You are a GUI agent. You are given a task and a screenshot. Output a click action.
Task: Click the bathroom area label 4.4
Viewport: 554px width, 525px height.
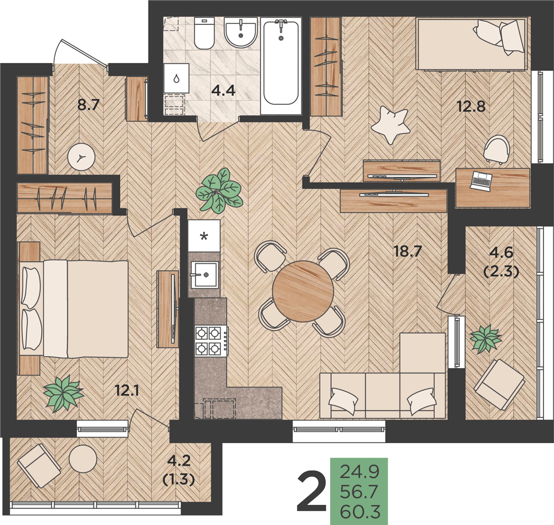pos(223,91)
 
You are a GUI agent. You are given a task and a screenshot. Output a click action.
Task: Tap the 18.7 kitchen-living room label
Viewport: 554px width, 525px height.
pos(408,251)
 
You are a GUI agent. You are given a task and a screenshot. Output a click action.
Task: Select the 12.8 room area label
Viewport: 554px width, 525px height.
pos(471,106)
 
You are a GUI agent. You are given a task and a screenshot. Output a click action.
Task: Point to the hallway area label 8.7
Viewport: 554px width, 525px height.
pos(89,105)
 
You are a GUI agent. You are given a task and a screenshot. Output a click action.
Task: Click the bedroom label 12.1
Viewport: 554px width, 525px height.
pos(127,390)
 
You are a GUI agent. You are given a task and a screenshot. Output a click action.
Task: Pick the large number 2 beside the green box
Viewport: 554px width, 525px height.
pos(311,492)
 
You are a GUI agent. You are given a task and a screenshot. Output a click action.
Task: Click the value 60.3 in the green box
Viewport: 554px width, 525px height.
pos(360,511)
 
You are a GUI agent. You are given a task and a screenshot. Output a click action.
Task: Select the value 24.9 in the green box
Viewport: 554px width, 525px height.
pos(360,471)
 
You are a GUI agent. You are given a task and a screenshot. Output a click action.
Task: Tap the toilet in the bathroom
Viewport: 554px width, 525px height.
pos(204,33)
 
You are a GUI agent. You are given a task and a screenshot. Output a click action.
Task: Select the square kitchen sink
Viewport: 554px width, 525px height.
pos(204,274)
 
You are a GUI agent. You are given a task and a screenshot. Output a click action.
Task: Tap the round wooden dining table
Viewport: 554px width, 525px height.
pos(303,291)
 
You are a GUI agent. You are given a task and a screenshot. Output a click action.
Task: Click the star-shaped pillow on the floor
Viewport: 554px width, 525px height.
pos(390,125)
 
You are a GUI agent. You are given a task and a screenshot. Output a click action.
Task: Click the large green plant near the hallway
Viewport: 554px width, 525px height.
pos(219,191)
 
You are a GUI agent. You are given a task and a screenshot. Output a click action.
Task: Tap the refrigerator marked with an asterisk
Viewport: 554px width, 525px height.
pos(204,236)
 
